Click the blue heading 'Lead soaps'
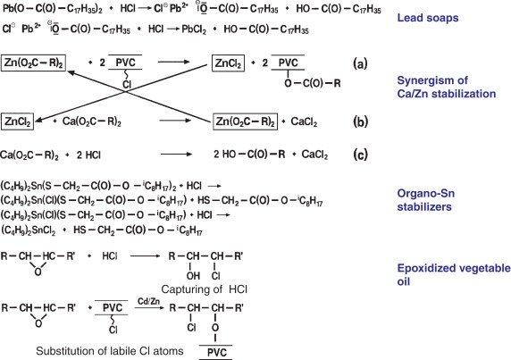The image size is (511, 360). pos(428,18)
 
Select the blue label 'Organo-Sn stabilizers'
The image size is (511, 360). pos(425,200)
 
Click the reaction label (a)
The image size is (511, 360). pos(360,63)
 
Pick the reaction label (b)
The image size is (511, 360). pos(360,121)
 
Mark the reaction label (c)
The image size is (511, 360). pos(360,155)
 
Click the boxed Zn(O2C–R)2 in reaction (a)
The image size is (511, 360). pos(34,63)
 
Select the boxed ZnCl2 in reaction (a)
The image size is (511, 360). pos(228,63)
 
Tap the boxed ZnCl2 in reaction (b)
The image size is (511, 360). pos(17,121)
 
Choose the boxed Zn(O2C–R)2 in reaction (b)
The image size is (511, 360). pos(246,121)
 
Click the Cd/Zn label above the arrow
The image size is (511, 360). pos(148,301)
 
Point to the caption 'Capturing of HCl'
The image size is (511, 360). pos(204,289)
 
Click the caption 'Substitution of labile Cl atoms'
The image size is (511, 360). pos(110,351)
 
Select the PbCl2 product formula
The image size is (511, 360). pos(194,29)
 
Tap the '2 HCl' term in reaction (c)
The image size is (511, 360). pos(88,155)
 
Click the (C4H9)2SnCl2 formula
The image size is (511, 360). pos(28,230)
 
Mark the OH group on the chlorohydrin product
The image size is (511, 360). pos(193,276)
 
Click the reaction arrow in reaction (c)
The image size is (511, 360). pos(176,154)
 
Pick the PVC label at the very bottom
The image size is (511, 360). pos(217,353)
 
